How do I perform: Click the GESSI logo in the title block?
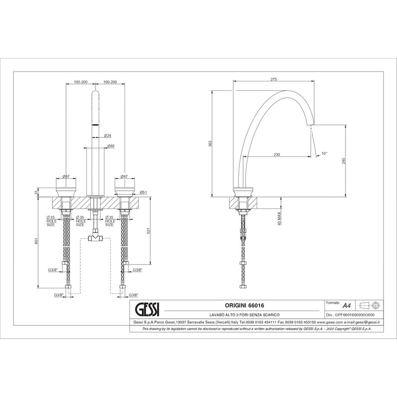pos(146,309)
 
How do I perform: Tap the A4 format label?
pos(346,306)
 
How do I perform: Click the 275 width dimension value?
pos(274,79)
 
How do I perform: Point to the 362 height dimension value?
pos(210,143)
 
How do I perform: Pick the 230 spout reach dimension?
pos(277,154)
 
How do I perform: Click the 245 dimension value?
pos(343,161)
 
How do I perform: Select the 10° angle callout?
pos(325,153)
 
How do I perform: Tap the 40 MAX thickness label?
pos(279,218)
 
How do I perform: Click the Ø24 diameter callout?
pos(108,135)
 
